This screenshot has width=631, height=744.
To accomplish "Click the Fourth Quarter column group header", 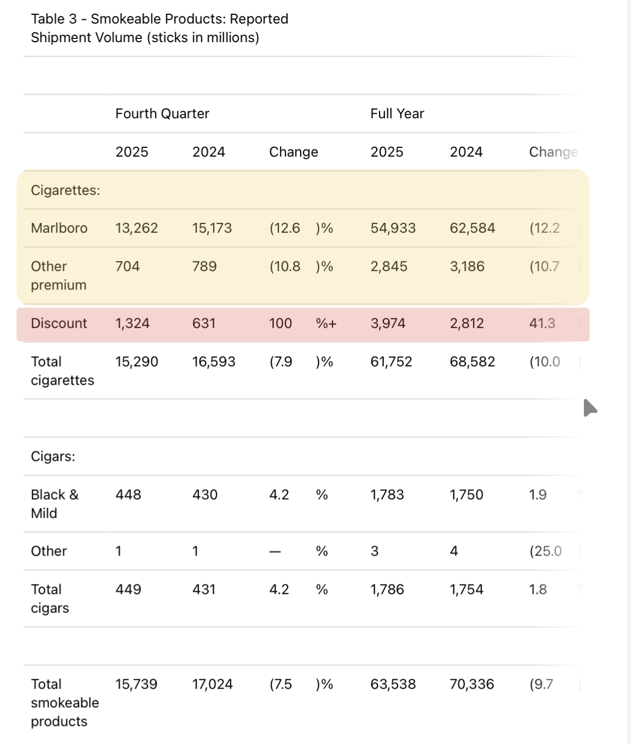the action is [162, 114].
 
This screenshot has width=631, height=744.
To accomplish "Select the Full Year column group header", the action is [397, 114].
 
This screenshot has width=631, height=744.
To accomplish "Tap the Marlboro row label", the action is [59, 228].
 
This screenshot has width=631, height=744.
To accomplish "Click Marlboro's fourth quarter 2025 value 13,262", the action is [136, 228].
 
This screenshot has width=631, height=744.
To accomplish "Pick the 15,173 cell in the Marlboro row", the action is [212, 228].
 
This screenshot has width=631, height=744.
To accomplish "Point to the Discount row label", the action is [59, 323].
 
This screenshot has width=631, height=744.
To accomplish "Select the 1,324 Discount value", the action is [132, 323].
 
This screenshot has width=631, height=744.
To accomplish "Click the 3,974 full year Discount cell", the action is [388, 323].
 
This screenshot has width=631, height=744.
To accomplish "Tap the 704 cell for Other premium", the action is [128, 266].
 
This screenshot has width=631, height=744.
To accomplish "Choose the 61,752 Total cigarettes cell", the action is [391, 362].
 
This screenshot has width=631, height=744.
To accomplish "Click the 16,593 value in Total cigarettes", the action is [214, 362].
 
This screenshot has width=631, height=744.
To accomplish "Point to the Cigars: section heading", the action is [53, 456].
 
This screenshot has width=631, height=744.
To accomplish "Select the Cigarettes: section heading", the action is [66, 191].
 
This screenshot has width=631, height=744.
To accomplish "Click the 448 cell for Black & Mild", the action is [128, 495].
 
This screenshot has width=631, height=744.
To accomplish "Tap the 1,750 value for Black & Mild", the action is [467, 495].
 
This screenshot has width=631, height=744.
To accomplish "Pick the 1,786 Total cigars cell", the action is [387, 590].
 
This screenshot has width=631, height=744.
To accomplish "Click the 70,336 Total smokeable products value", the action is [472, 684].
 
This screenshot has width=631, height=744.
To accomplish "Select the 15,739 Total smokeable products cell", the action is [136, 684].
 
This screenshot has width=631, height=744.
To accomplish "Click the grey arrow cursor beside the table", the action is [589, 408].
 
